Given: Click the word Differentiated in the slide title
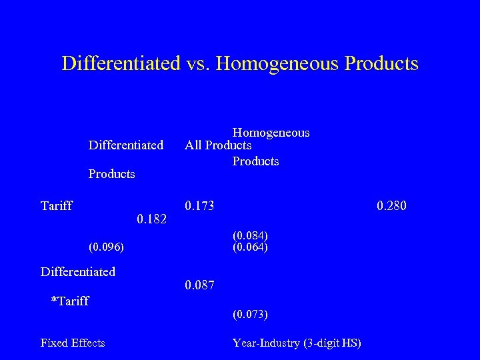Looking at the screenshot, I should [x=121, y=63].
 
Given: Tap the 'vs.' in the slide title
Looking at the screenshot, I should [x=197, y=63].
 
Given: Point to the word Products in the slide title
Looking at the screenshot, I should [x=381, y=63].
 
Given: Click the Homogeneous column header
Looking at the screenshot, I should [x=271, y=133].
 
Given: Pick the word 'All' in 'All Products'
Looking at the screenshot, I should [x=194, y=145].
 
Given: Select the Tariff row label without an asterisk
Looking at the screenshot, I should [x=57, y=206].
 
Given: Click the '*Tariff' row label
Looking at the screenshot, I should [x=70, y=301].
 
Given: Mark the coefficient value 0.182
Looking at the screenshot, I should [x=151, y=218].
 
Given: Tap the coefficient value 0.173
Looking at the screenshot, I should [x=200, y=206].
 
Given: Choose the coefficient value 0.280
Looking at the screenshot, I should [x=391, y=206].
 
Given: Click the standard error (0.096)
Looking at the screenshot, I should [x=106, y=247].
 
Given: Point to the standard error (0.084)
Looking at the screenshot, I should [x=251, y=235].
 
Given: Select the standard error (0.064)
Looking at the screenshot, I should [x=251, y=247].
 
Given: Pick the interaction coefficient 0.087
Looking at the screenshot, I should [x=200, y=285].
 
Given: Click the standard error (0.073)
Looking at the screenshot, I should [x=251, y=313].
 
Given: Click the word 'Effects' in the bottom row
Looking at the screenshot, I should [x=88, y=343].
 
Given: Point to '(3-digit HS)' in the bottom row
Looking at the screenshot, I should [x=331, y=343].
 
